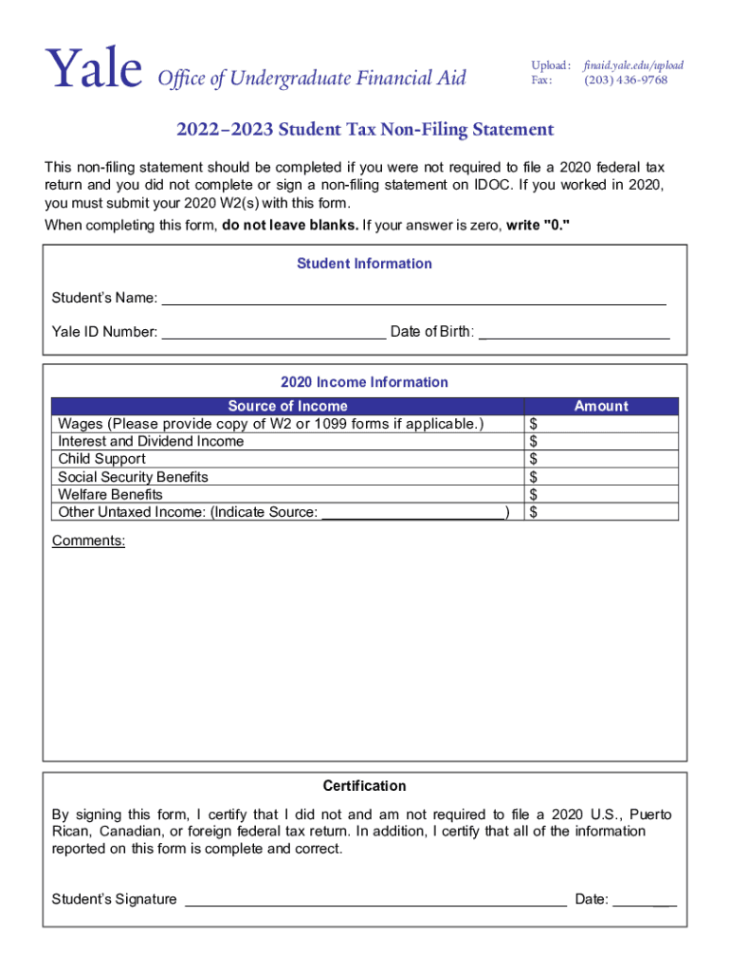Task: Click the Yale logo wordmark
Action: click(x=94, y=70)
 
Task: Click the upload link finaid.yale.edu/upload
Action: click(x=633, y=65)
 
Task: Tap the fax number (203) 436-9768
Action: click(x=626, y=80)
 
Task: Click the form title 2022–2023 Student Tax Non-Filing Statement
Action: click(x=364, y=129)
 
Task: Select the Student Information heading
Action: click(x=364, y=264)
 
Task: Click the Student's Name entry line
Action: click(x=414, y=299)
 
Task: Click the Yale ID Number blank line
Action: click(x=274, y=332)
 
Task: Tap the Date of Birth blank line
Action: click(x=575, y=332)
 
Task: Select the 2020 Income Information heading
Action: click(x=364, y=382)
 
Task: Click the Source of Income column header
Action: click(x=287, y=406)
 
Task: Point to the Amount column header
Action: click(x=601, y=406)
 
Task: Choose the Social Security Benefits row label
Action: click(x=133, y=477)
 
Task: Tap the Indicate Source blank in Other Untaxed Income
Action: click(x=413, y=512)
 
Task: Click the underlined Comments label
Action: click(x=88, y=540)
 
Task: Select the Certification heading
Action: click(x=364, y=786)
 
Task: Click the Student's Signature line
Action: click(x=375, y=899)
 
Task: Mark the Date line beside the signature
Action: click(x=645, y=899)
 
